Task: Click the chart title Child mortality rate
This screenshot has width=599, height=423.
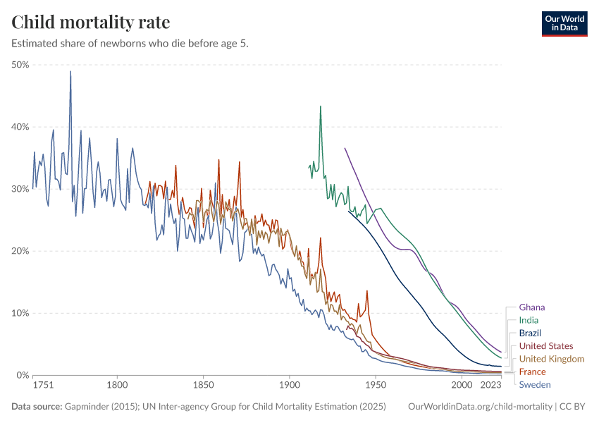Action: point(90,22)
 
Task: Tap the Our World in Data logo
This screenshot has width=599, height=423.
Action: point(564,23)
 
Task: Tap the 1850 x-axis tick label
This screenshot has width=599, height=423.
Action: point(203,386)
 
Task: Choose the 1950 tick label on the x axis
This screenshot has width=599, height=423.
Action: point(376,386)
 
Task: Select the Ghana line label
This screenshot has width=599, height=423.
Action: point(531,307)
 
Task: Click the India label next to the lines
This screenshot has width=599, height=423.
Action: point(529,320)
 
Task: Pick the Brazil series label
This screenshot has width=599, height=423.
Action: point(530,333)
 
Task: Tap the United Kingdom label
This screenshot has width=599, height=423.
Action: point(551,359)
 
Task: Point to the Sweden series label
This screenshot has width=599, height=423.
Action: point(534,385)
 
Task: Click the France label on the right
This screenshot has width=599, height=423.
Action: point(532,372)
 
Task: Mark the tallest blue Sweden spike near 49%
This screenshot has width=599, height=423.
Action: point(70,71)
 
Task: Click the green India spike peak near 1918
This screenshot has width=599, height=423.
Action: point(321,106)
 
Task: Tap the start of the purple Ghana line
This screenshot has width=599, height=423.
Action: point(345,148)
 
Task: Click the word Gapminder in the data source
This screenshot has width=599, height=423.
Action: point(85,407)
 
